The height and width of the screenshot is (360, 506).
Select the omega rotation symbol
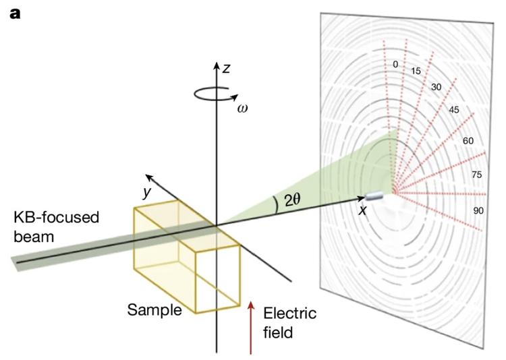[241, 108]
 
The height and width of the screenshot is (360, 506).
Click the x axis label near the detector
[362, 210]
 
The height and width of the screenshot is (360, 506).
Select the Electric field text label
[289, 323]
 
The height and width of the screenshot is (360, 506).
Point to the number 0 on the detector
[395, 65]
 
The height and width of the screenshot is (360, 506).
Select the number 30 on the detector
[435, 86]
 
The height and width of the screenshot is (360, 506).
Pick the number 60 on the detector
[467, 141]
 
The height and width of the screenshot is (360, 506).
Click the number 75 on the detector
[476, 175]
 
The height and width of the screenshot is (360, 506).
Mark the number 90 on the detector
[478, 211]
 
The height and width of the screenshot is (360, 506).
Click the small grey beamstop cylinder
[374, 196]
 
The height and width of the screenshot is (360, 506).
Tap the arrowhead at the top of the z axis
[216, 66]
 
